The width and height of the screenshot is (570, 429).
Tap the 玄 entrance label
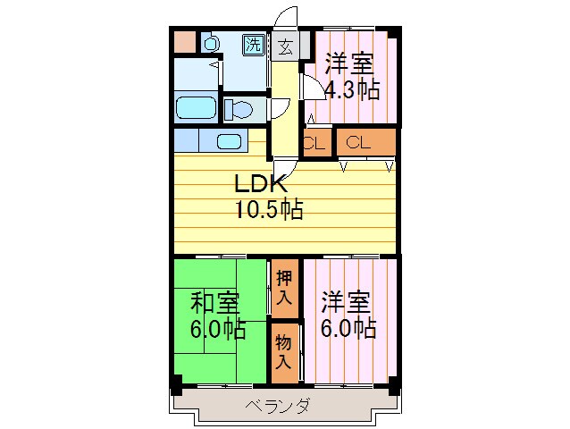click(x=285, y=46)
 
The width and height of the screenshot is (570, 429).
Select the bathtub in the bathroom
click(x=195, y=107)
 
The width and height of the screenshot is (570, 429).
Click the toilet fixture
click(x=239, y=109)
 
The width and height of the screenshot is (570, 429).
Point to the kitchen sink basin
click(x=229, y=141)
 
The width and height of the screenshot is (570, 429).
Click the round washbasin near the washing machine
click(x=212, y=42)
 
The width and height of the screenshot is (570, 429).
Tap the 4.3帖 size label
click(x=351, y=89)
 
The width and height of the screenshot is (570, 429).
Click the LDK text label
click(x=259, y=185)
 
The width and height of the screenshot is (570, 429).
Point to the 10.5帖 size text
click(x=268, y=211)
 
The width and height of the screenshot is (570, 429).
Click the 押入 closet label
click(x=284, y=288)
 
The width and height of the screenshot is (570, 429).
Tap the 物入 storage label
click(x=283, y=351)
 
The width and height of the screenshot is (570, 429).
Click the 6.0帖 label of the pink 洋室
click(x=348, y=328)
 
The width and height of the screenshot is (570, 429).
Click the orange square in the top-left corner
click(x=184, y=41)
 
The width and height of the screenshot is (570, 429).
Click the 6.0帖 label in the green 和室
click(x=217, y=328)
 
